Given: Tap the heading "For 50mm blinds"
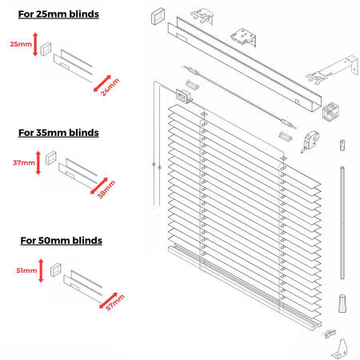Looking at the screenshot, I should pyautogui.click(x=61, y=239).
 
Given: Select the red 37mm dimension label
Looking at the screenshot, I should pyautogui.click(x=23, y=163).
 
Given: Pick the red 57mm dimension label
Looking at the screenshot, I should pyautogui.click(x=114, y=300).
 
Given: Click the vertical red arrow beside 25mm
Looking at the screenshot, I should pyautogui.click(x=35, y=45).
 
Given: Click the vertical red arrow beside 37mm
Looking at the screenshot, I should pyautogui.click(x=40, y=163).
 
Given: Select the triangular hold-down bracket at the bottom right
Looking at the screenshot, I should pyautogui.click(x=337, y=346).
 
